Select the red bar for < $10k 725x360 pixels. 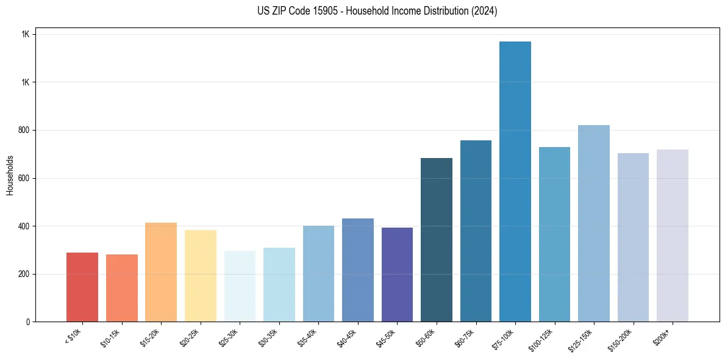pos(82,287)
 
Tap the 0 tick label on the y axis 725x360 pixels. pos(28,322)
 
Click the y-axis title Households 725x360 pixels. pos(10,175)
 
